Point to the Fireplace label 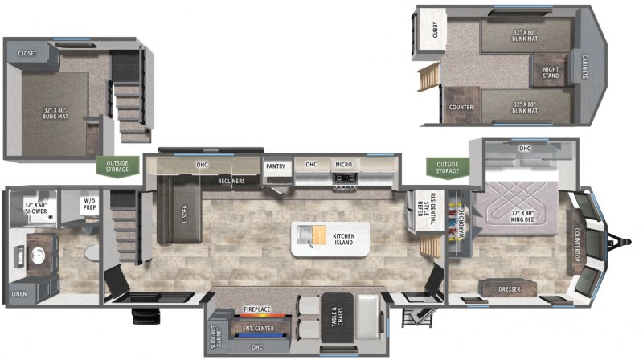[258, 309]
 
